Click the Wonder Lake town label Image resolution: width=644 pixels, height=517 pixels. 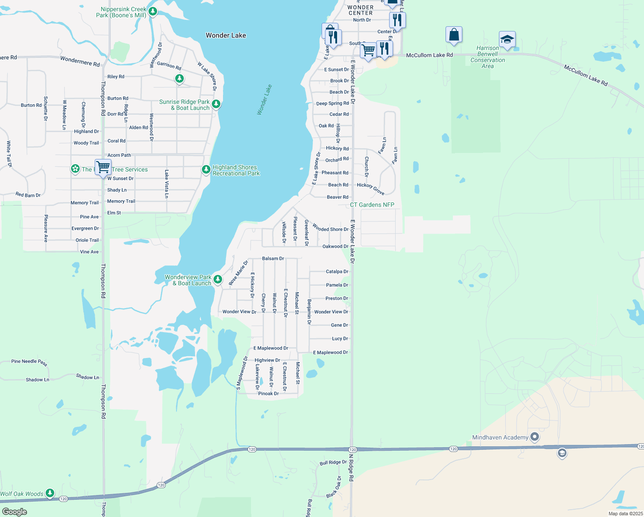pos(226,35)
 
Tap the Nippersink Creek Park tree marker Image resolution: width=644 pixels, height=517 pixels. pos(152,11)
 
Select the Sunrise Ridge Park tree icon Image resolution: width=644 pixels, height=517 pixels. pos(216,104)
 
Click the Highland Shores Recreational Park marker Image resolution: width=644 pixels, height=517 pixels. pos(206,170)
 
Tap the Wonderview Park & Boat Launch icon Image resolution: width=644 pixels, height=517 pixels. pos(218,279)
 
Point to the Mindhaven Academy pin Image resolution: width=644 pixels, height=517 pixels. pos(535,437)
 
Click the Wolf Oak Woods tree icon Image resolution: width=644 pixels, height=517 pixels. pos(50,493)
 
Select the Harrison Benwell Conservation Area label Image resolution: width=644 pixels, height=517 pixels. pos(487,57)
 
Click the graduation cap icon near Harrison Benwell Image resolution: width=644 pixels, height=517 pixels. pos(507,39)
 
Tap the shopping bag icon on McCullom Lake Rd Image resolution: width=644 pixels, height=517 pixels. pos(454,35)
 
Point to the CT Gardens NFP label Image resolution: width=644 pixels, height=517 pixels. pos(372,205)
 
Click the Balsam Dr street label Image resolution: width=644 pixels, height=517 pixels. pos(273,258)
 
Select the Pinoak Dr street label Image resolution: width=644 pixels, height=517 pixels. pos(268,393)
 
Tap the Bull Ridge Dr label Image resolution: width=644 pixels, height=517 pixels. pos(333,462)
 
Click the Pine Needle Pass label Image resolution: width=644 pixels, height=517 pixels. pos(29,362)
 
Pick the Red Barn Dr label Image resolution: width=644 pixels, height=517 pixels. pos(28,195)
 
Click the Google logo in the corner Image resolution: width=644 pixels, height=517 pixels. pos(14,512)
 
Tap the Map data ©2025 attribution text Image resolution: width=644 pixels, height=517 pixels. pos(625,514)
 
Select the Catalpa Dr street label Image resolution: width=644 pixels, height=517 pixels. pos(337,271)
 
